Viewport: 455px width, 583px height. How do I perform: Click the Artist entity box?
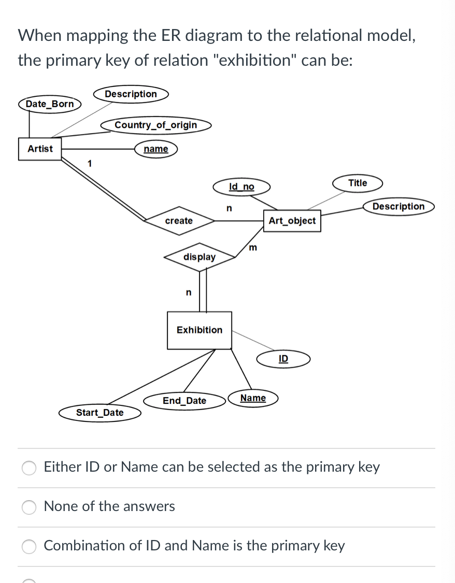[40, 149]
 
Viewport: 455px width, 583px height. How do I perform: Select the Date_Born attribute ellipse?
[50, 104]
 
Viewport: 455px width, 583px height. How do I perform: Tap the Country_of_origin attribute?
[156, 125]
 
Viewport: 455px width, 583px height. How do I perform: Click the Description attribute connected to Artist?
[131, 94]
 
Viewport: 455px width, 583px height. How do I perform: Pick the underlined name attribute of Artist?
[156, 149]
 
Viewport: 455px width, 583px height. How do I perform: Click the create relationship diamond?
[179, 221]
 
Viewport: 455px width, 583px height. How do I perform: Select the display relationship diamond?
[200, 257]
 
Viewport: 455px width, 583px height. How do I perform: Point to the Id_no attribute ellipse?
[241, 186]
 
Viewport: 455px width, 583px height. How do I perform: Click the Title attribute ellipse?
[358, 183]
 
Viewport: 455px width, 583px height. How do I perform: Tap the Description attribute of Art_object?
[399, 206]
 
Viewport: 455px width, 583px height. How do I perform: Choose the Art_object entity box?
[292, 221]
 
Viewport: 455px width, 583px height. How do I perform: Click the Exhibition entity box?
[200, 330]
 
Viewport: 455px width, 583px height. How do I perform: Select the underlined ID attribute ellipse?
[283, 359]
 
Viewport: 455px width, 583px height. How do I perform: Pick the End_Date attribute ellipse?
[184, 401]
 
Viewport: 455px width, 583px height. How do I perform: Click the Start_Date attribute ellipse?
[100, 413]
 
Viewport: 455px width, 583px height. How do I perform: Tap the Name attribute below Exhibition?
[253, 398]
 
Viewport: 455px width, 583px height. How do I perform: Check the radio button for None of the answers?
[29, 507]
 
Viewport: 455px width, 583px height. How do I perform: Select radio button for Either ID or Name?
[29, 468]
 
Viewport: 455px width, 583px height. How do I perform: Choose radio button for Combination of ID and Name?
[29, 546]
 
